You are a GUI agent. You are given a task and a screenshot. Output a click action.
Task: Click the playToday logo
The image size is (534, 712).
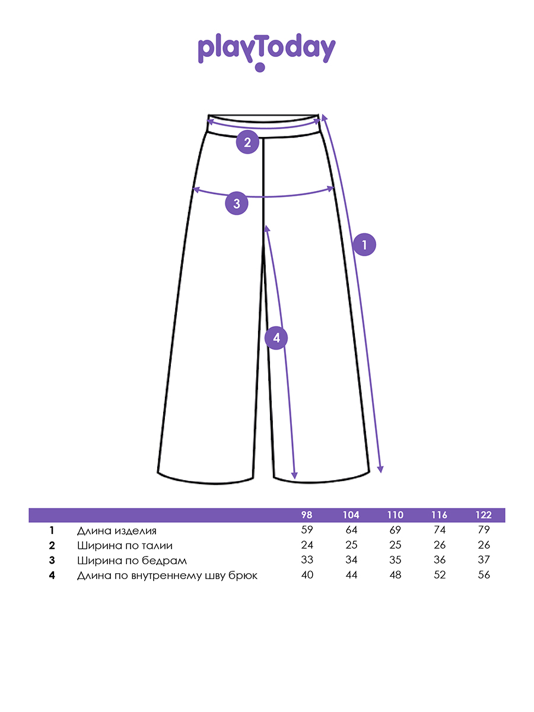tap(266, 52)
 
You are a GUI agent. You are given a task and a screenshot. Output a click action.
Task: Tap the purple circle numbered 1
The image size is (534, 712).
tap(364, 244)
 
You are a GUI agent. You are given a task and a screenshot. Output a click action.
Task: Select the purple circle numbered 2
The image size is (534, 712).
tap(247, 142)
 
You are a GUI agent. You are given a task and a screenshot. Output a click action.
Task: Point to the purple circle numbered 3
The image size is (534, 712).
tap(237, 204)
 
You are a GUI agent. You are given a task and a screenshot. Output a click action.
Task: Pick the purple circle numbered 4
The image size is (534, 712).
tap(276, 338)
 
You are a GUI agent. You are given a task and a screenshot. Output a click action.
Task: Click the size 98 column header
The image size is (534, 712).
tap(307, 515)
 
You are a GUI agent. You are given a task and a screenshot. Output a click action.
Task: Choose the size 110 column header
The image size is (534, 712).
tap(395, 515)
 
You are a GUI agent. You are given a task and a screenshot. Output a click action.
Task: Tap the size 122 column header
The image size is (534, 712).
tap(484, 515)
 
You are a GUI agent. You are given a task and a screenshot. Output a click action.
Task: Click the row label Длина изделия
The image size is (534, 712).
tap(117, 530)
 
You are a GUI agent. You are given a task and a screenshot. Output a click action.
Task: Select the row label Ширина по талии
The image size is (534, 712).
tap(125, 546)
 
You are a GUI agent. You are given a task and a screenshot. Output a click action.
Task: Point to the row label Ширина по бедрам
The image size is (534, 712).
tap(132, 561)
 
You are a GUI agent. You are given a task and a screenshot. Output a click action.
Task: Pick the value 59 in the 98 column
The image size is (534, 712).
tap(307, 530)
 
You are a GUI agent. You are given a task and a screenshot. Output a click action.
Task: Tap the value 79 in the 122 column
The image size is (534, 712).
tap(484, 530)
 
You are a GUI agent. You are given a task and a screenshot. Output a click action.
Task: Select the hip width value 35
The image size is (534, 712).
tap(395, 560)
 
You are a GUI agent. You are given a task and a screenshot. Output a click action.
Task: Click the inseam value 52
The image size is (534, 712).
tap(440, 575)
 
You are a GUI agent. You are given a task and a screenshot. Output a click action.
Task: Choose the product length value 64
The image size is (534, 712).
tap(351, 530)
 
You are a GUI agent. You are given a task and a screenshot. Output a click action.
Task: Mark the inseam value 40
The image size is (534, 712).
tap(307, 575)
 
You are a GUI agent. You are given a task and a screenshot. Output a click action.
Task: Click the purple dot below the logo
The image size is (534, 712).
tap(260, 67)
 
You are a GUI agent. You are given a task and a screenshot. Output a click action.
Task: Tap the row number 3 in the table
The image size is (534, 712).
tap(52, 560)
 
